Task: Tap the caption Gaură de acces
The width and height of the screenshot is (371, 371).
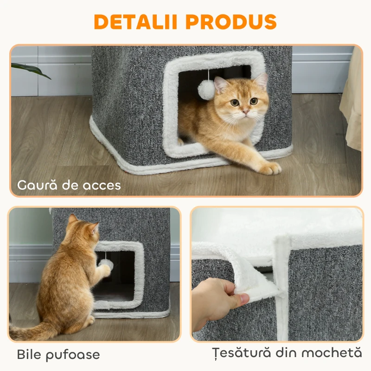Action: coord(69,185)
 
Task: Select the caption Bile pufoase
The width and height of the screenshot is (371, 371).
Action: coord(58,355)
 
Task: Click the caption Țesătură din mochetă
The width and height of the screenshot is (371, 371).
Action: coord(286,353)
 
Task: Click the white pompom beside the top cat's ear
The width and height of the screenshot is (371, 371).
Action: coord(206,89)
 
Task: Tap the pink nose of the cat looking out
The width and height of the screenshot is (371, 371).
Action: coord(245,112)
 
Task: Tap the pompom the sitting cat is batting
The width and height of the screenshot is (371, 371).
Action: coord(106,263)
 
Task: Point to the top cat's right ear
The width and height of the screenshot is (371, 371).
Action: coord(262,81)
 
